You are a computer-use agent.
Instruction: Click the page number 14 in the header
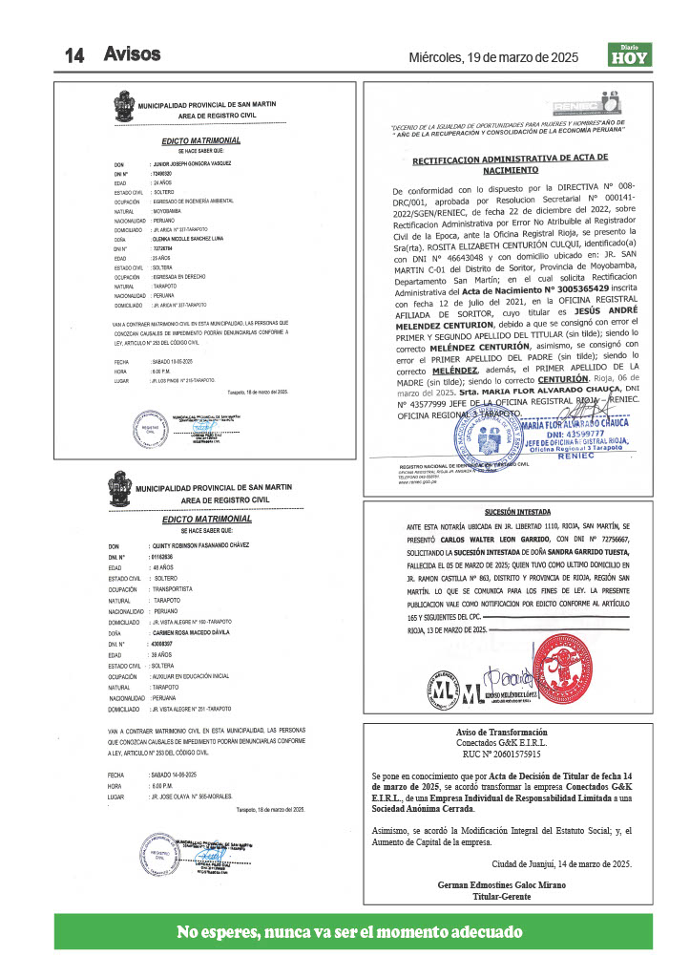75,55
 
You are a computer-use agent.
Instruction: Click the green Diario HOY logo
629,54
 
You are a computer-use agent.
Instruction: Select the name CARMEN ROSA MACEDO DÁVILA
204,633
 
